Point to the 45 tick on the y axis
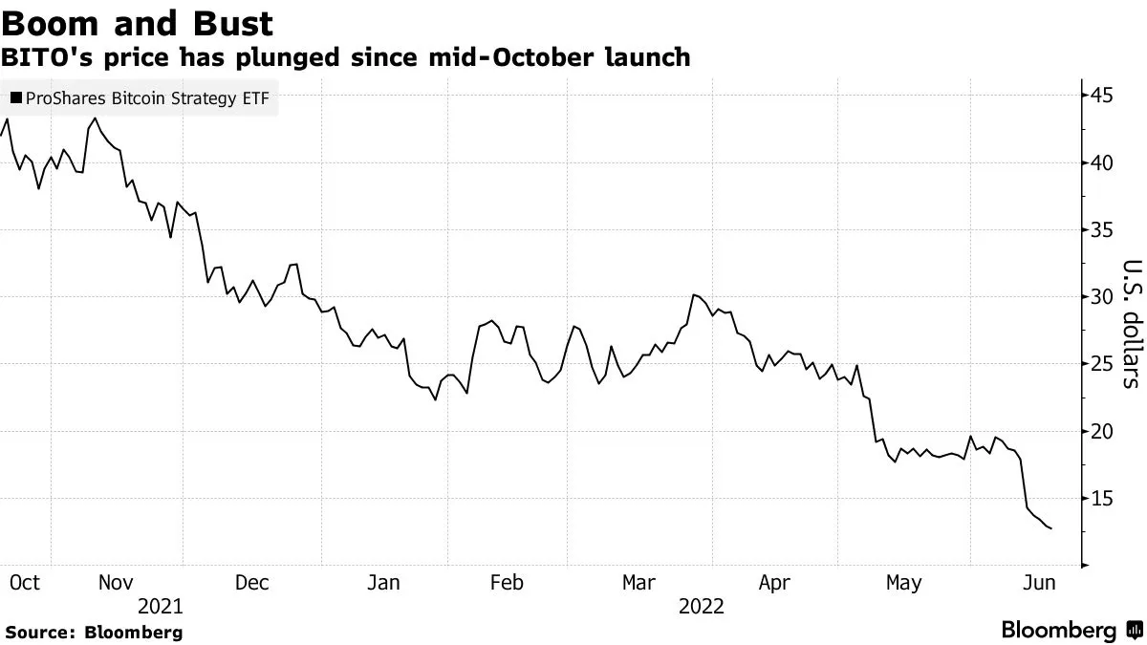[1101, 96]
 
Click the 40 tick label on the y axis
[1101, 162]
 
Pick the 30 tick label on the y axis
[1101, 297]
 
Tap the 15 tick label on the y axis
[1101, 499]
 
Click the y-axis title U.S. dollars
[1131, 325]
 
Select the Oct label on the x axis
[25, 583]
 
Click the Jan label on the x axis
[383, 583]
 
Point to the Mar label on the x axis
[638, 583]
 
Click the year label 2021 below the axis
[161, 607]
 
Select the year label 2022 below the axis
[702, 607]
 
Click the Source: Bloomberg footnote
[94, 633]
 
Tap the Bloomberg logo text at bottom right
[1058, 631]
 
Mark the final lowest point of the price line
[1052, 528]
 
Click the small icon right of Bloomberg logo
[1134, 631]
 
